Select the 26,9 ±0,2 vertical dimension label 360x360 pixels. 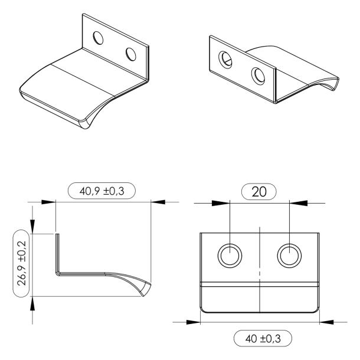coord(21,263)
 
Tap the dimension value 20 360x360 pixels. coord(259,191)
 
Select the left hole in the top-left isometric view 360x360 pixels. coord(99,39)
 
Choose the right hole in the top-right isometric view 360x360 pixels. coord(257,75)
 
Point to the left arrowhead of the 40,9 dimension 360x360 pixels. coord(49,202)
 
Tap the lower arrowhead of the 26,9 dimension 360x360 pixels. coord(32,302)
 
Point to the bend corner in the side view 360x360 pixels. coord(58,273)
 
